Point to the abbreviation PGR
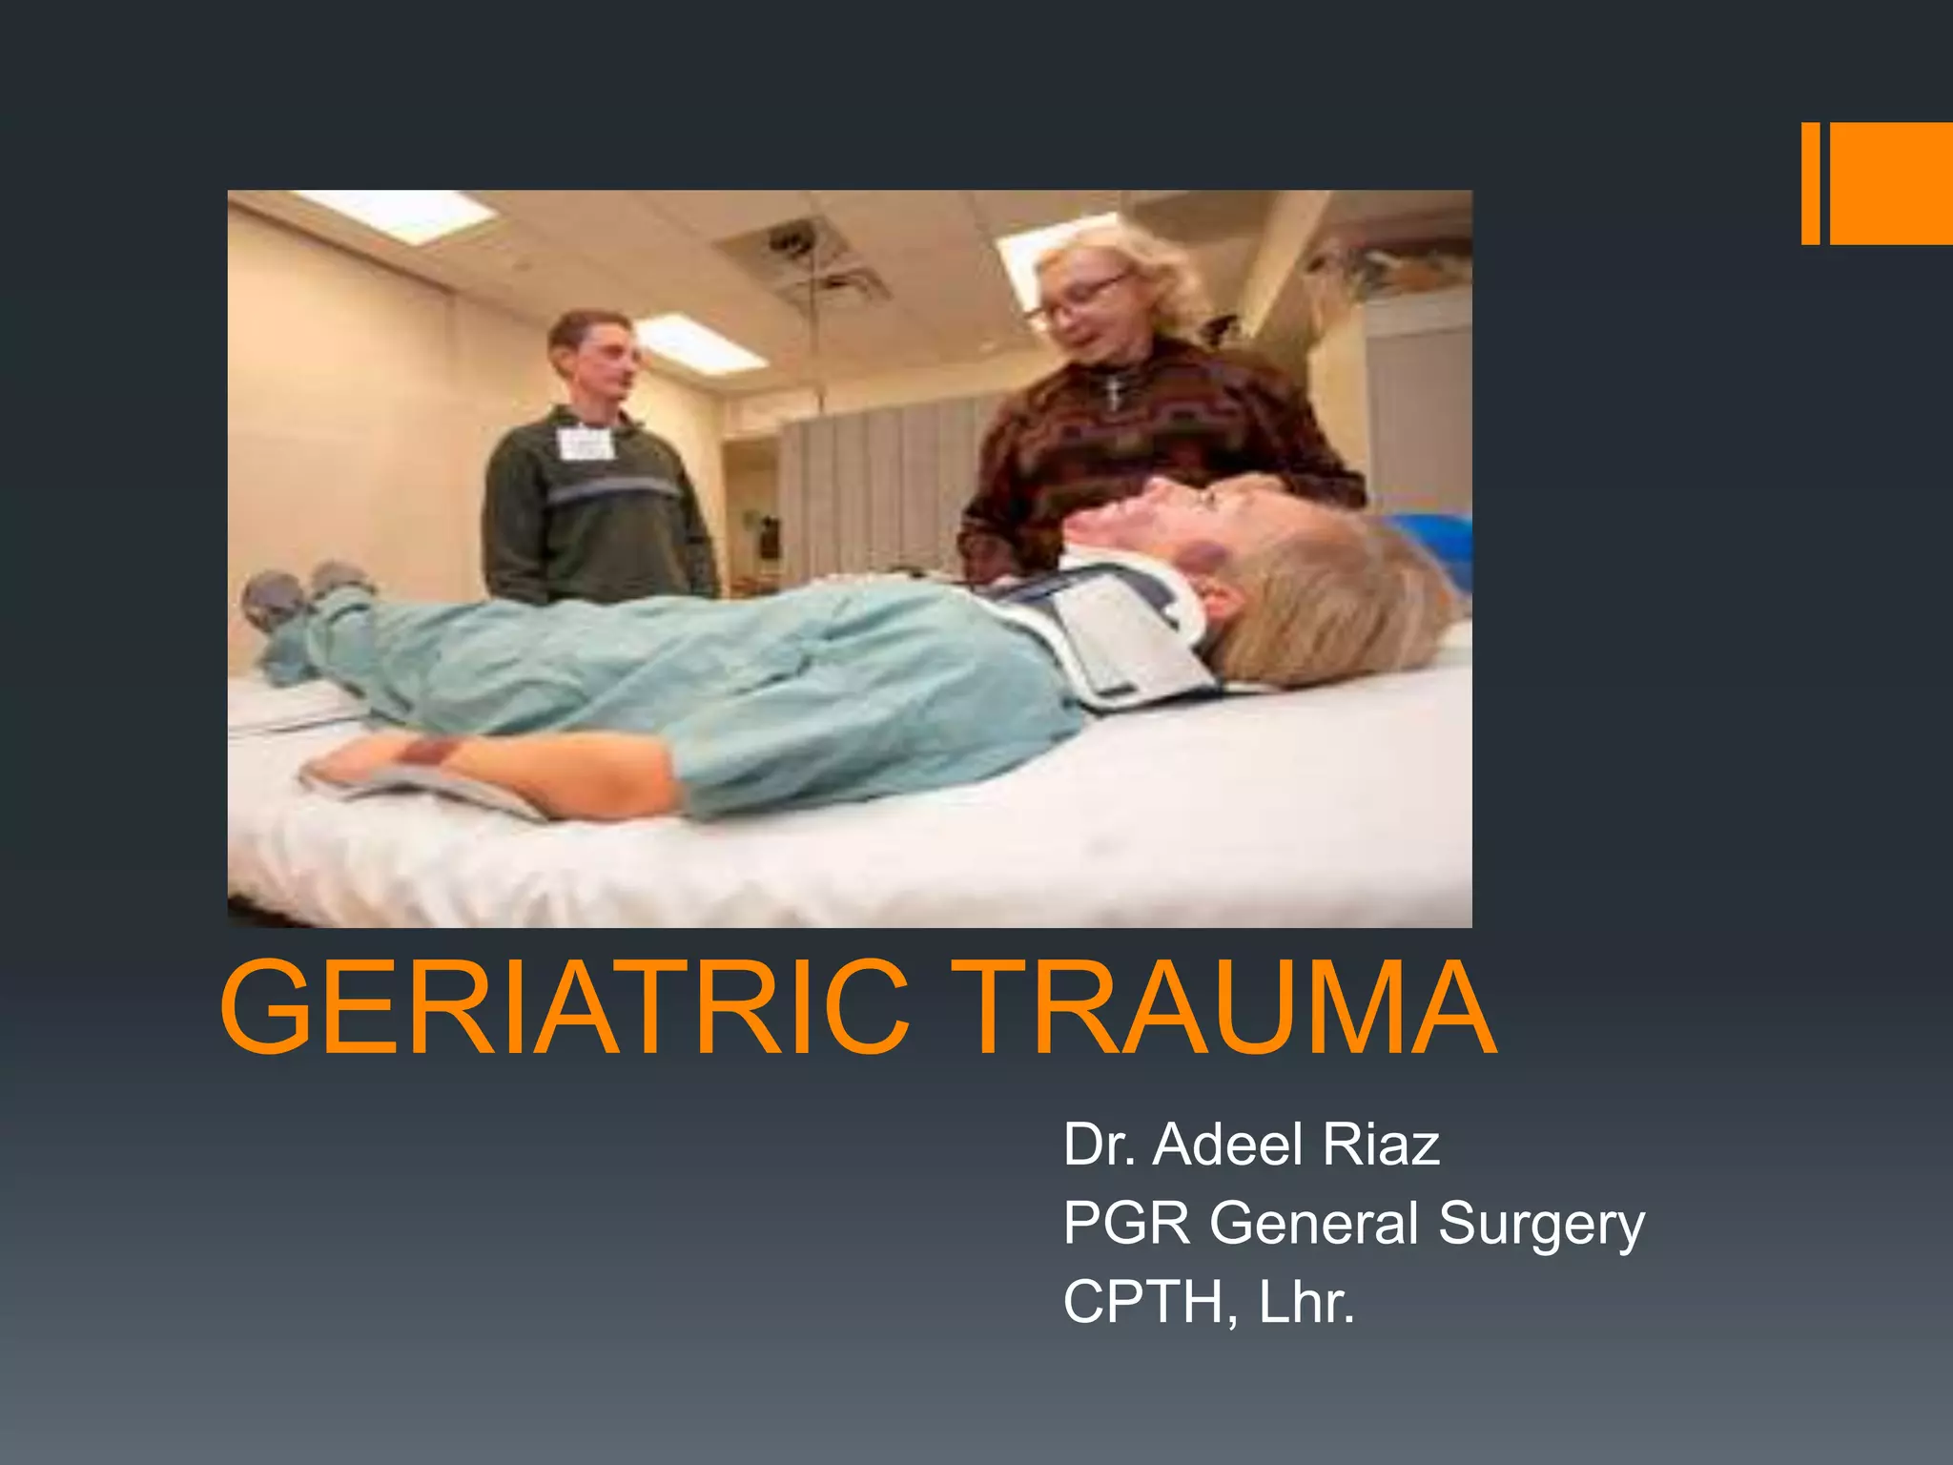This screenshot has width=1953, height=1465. click(1126, 1223)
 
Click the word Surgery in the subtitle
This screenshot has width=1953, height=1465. click(1541, 1225)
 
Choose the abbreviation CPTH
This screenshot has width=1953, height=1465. click(1143, 1302)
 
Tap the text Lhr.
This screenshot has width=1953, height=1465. click(1306, 1302)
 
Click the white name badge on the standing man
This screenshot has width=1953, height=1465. click(583, 444)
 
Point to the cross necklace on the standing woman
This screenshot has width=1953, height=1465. click(1112, 391)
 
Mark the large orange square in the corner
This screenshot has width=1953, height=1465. click(1891, 183)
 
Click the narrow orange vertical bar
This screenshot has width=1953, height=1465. click(1810, 183)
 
